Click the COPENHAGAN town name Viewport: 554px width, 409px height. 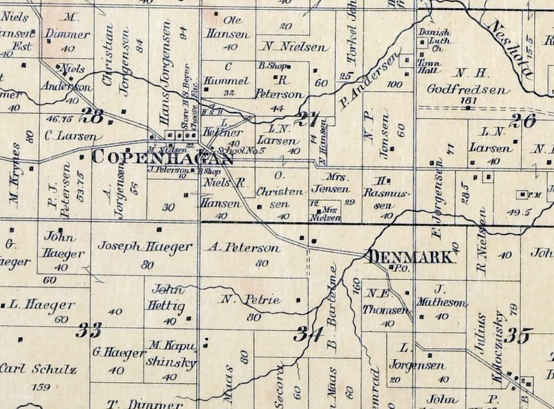click(x=163, y=157)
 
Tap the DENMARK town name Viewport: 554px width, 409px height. click(x=412, y=257)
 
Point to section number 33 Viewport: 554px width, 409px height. click(x=89, y=330)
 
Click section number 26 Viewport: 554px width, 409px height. click(x=523, y=121)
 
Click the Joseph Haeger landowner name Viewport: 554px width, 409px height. click(x=145, y=247)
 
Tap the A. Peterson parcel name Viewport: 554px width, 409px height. click(x=244, y=248)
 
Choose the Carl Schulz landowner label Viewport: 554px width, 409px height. click(x=38, y=369)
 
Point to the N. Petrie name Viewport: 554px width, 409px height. click(x=250, y=300)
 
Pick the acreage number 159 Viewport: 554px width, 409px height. click(x=41, y=388)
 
